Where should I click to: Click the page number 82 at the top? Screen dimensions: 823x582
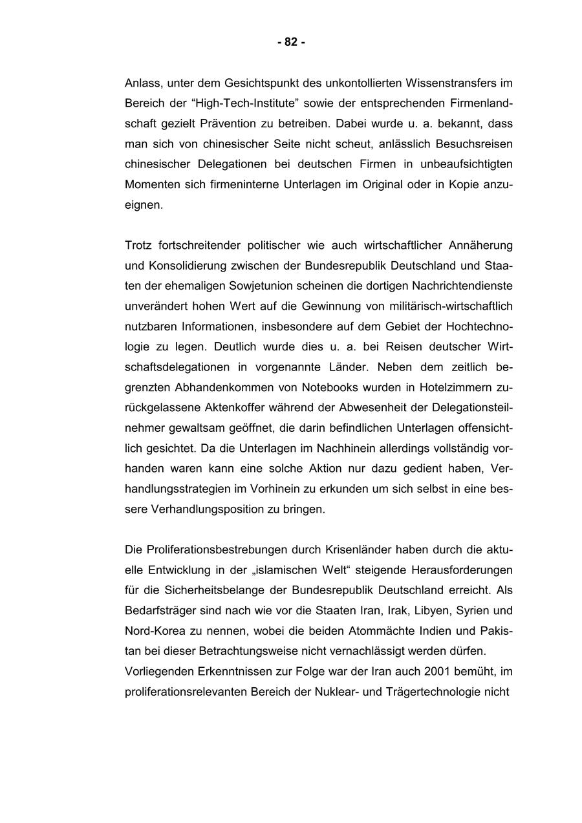pos(291,43)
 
